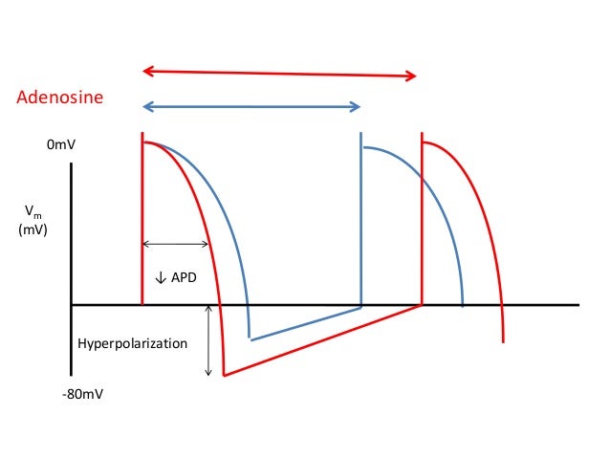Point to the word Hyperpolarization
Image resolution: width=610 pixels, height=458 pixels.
[x=132, y=342]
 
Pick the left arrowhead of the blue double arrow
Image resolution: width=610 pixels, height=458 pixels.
[x=147, y=106]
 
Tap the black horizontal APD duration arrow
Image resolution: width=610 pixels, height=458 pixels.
[x=176, y=243]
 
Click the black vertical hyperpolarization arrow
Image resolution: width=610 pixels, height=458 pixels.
[x=208, y=339]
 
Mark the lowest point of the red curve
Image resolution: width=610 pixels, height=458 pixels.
[x=224, y=376]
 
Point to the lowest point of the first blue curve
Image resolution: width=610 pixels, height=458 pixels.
[x=250, y=338]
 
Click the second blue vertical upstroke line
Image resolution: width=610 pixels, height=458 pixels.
[x=361, y=220]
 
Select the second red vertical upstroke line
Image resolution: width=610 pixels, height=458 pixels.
[x=422, y=220]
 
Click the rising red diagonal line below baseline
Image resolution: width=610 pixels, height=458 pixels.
[x=325, y=340]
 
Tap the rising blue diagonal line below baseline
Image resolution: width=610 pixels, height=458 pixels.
[x=306, y=323]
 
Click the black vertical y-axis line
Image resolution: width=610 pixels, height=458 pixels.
[x=71, y=268]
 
